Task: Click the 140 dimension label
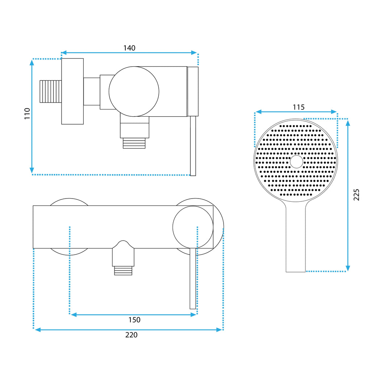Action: pos(129,48)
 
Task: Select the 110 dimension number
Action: pos(27,113)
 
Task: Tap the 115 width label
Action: pos(299,107)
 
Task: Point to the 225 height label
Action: pos(356,195)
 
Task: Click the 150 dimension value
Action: pos(134,320)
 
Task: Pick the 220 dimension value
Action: pos(131,335)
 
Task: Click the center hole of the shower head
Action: pos(296,162)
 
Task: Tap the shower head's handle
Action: pos(296,237)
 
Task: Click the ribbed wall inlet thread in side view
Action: pos(50,91)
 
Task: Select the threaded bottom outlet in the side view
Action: pos(134,143)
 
